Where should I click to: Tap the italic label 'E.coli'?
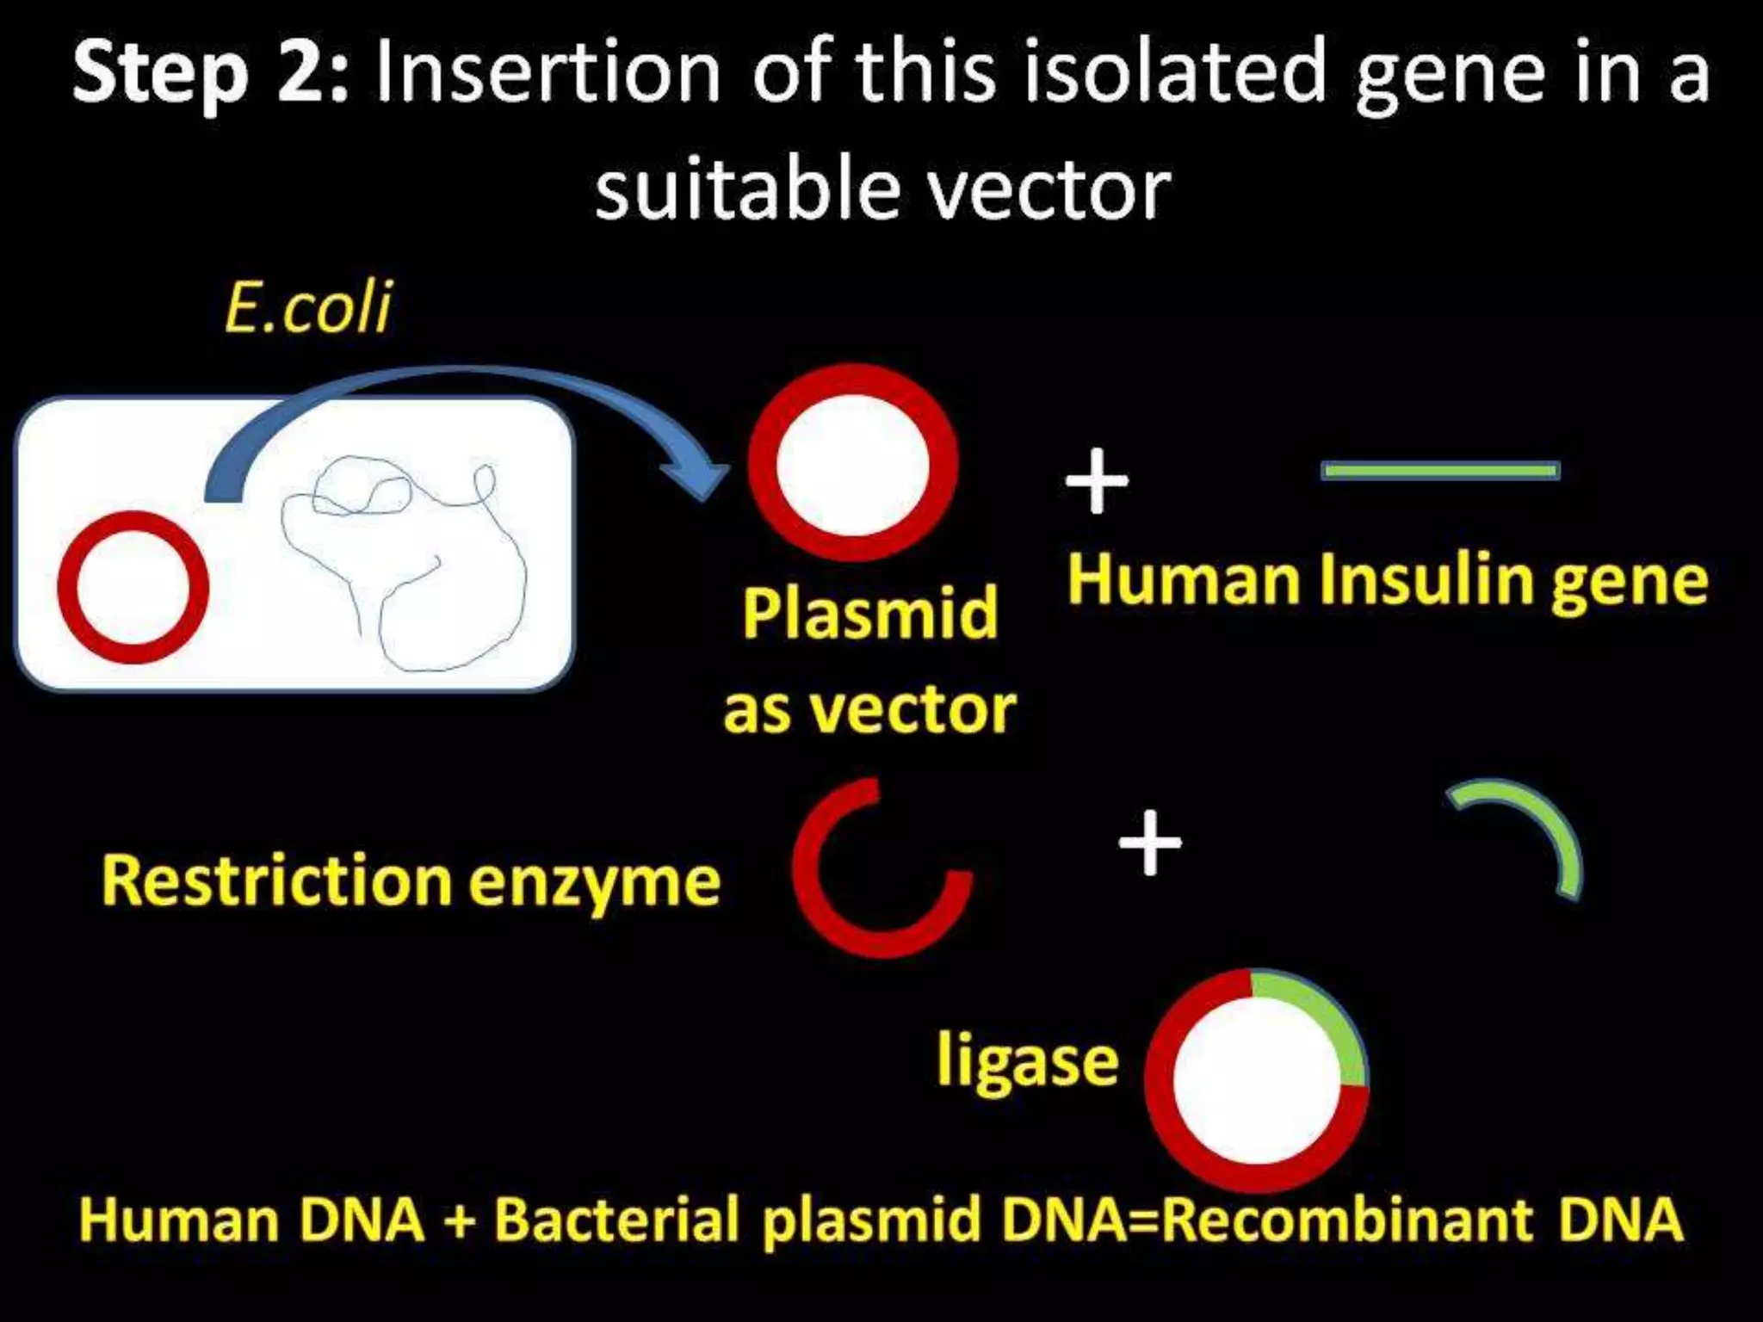(307, 307)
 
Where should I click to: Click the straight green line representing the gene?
(1439, 471)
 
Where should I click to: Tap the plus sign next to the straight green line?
(1096, 481)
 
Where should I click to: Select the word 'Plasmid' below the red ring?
(869, 613)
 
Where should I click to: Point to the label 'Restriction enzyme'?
(410, 880)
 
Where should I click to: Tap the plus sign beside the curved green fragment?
(1150, 843)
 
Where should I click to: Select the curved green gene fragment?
(1545, 826)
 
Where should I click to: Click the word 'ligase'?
(1027, 1060)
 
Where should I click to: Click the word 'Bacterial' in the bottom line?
(616, 1220)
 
